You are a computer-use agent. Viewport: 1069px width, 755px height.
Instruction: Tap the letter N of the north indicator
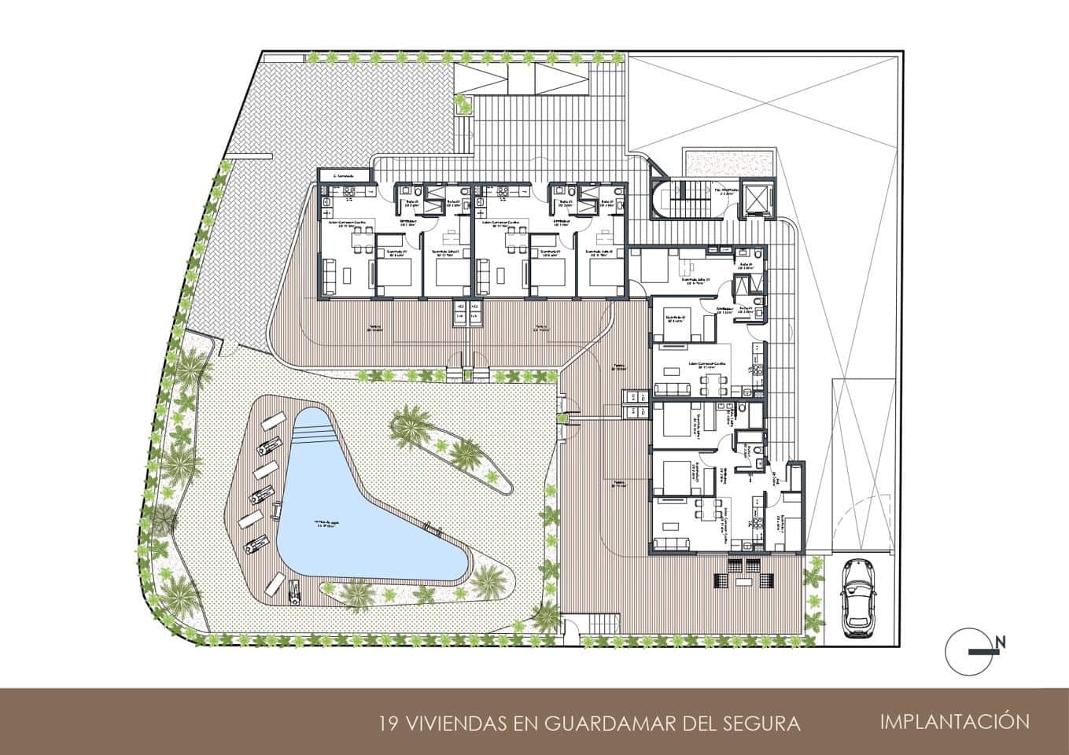click(x=1001, y=643)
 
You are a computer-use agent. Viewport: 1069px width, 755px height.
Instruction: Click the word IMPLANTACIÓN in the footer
click(x=955, y=721)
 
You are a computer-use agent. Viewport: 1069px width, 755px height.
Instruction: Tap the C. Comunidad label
click(x=344, y=176)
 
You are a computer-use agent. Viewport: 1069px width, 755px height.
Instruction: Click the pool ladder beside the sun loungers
click(x=278, y=511)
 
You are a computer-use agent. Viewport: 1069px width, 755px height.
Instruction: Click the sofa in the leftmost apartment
click(x=326, y=275)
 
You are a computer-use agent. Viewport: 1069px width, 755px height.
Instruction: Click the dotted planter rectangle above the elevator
click(x=708, y=162)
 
